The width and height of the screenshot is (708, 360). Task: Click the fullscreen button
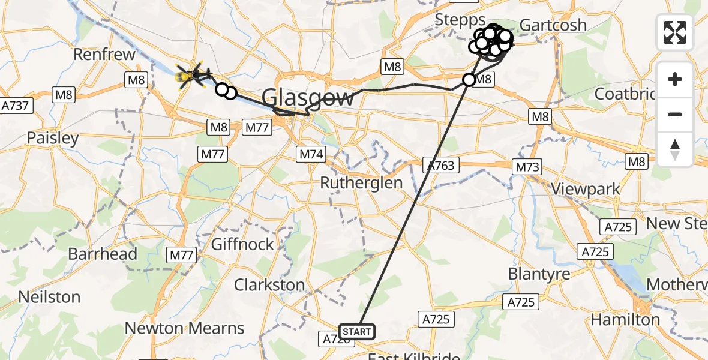tap(675, 32)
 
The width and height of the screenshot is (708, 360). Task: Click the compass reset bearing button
tap(675, 149)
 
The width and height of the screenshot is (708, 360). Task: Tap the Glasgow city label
tap(308, 97)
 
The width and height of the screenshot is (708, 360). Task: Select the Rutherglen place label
tap(361, 182)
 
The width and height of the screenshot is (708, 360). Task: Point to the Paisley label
tap(53, 138)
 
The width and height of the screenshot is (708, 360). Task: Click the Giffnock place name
tap(242, 244)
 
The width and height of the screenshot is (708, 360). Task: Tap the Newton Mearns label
tap(185, 328)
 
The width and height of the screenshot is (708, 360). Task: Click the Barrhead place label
tap(103, 254)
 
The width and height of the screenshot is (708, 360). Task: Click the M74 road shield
tap(311, 155)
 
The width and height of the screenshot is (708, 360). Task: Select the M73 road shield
tap(527, 167)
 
